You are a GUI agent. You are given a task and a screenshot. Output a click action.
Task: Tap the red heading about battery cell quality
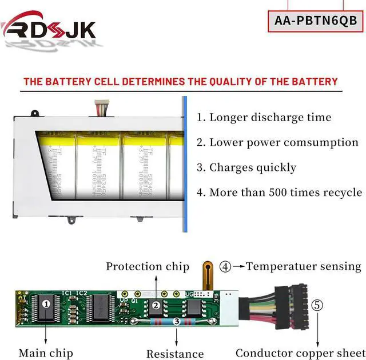click(x=181, y=82)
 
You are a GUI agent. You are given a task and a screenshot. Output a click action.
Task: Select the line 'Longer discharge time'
click(x=264, y=118)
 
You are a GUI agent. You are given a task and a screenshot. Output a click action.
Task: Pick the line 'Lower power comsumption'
click(x=277, y=143)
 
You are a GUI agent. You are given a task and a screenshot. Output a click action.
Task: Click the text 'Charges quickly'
click(x=246, y=167)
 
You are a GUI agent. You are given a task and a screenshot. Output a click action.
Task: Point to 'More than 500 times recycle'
click(x=279, y=193)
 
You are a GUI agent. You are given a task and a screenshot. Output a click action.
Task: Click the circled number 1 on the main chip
click(x=46, y=303)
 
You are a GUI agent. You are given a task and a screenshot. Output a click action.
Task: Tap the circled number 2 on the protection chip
click(x=156, y=305)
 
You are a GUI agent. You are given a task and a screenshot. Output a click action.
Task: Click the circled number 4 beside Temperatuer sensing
click(x=226, y=266)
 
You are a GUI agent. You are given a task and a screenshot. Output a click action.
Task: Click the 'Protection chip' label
click(x=148, y=266)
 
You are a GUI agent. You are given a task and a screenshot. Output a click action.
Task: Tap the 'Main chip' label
click(x=46, y=353)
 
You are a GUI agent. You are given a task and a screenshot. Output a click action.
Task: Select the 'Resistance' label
click(x=175, y=354)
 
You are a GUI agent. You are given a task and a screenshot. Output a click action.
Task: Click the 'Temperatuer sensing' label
click(x=304, y=266)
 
